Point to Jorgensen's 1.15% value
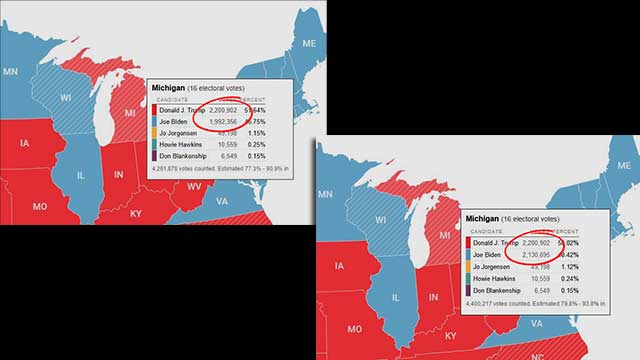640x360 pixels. tap(283, 133)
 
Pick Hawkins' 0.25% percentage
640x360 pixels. tap(283, 145)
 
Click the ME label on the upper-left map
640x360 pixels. tap(308, 43)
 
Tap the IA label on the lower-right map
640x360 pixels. tap(341, 266)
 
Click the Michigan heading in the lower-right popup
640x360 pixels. tap(485, 217)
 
